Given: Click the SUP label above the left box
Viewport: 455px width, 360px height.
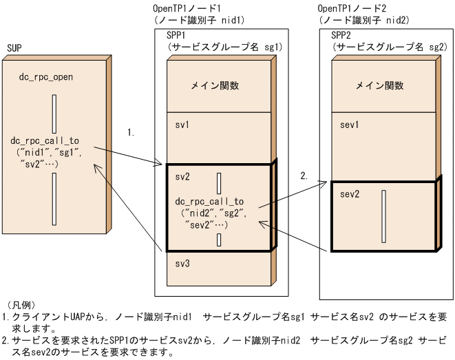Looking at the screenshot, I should (14, 48).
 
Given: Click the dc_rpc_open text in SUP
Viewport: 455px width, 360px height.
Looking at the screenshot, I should (45, 76).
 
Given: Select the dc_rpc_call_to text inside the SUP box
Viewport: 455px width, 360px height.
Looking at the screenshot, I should (49, 139).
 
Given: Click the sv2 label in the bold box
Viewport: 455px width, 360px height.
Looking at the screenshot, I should (182, 177).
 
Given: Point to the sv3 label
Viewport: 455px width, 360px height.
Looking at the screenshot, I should (182, 264).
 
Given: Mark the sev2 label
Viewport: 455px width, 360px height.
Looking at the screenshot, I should (350, 193).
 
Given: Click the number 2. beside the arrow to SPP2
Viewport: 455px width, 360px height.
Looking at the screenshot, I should (304, 176).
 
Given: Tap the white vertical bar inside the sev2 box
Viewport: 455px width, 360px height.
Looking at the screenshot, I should (383, 216).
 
